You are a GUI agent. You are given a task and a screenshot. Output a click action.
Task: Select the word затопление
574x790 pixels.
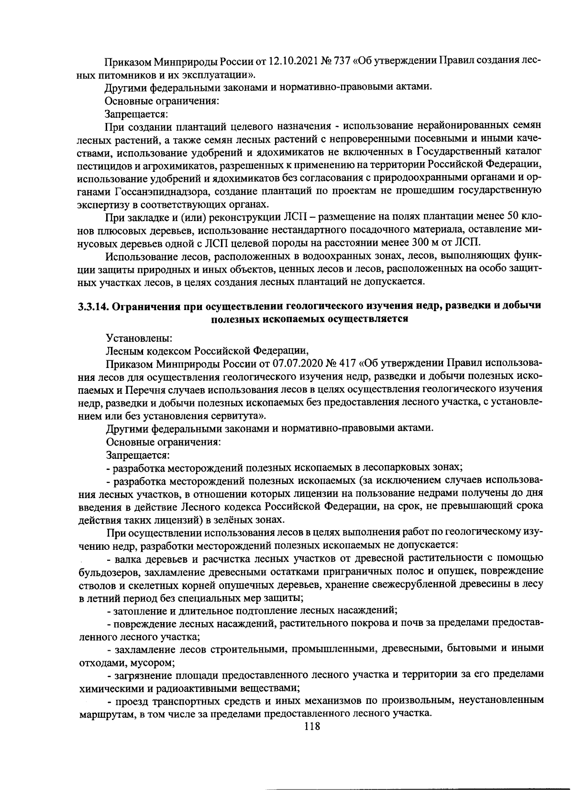pos(139,611)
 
